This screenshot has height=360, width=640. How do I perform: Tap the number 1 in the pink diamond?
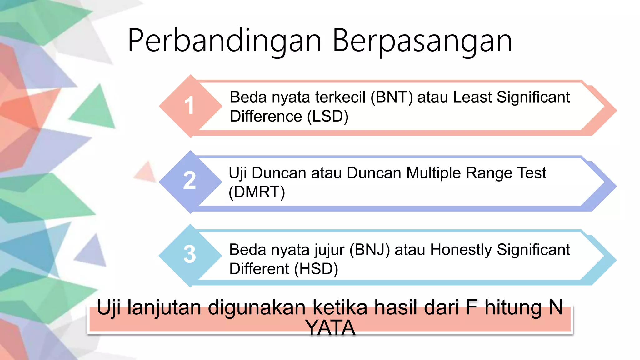point(189,106)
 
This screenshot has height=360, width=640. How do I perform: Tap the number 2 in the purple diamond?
point(189,181)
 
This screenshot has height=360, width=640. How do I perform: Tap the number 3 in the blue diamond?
point(189,254)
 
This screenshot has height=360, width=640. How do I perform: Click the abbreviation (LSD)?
point(328,117)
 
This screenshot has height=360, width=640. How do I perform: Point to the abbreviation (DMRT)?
point(257,192)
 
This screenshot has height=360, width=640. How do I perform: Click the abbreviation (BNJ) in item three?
point(370,250)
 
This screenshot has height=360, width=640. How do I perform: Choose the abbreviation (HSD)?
point(316,269)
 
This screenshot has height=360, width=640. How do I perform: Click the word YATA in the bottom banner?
point(331,328)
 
